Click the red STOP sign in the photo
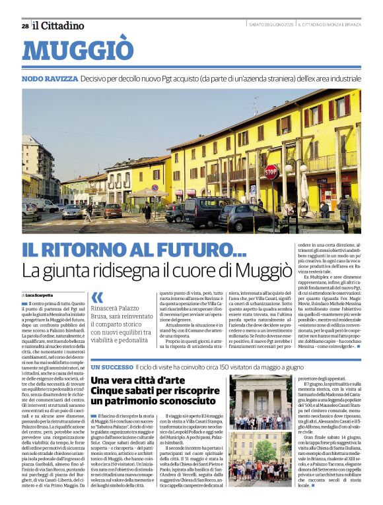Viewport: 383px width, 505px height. tap(271, 172)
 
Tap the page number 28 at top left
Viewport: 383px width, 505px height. tap(25, 26)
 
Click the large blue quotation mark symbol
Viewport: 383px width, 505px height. tap(97, 297)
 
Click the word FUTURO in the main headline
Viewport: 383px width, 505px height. tap(198, 251)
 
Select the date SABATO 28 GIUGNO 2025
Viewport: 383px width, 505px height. tap(271, 25)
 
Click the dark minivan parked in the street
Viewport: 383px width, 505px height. tap(202, 211)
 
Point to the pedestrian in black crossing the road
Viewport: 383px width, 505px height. tap(147, 212)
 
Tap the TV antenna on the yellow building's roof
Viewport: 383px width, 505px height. tap(256, 105)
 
